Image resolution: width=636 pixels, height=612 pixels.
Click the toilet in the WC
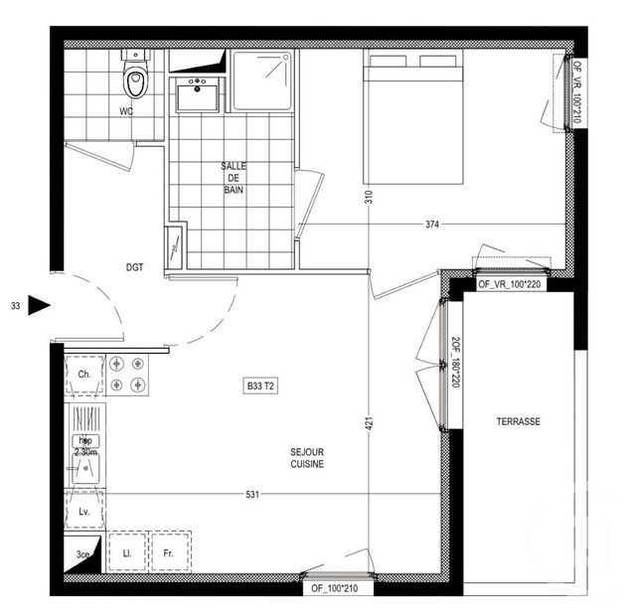135,76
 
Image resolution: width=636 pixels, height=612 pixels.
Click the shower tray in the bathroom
262,81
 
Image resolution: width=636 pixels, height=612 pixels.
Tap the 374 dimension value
431,225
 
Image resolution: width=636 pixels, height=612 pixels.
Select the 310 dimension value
367,197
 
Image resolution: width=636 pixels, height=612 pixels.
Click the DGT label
136,267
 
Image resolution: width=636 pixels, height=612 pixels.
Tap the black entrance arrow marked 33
38,306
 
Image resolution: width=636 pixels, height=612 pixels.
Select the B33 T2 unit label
260,385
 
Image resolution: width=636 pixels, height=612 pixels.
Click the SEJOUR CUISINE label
307,457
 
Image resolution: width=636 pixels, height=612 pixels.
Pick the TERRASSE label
518,421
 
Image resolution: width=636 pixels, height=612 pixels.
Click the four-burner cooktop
128,374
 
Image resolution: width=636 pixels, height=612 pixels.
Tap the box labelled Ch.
83,374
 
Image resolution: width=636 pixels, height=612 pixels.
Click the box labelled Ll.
127,550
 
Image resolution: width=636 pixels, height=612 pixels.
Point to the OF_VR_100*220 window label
512,284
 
